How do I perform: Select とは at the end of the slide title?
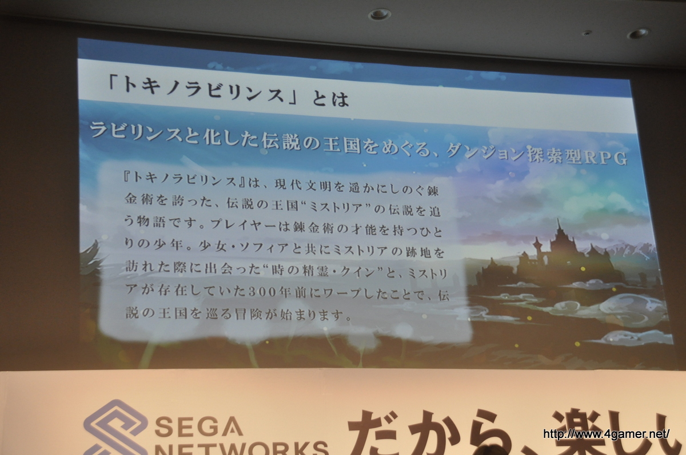(x=330, y=98)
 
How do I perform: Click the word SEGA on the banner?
(x=198, y=425)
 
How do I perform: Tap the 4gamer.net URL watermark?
(x=606, y=434)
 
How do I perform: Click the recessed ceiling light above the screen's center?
(x=380, y=14)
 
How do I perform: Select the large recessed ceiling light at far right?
(x=638, y=34)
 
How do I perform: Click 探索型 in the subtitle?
(x=555, y=156)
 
